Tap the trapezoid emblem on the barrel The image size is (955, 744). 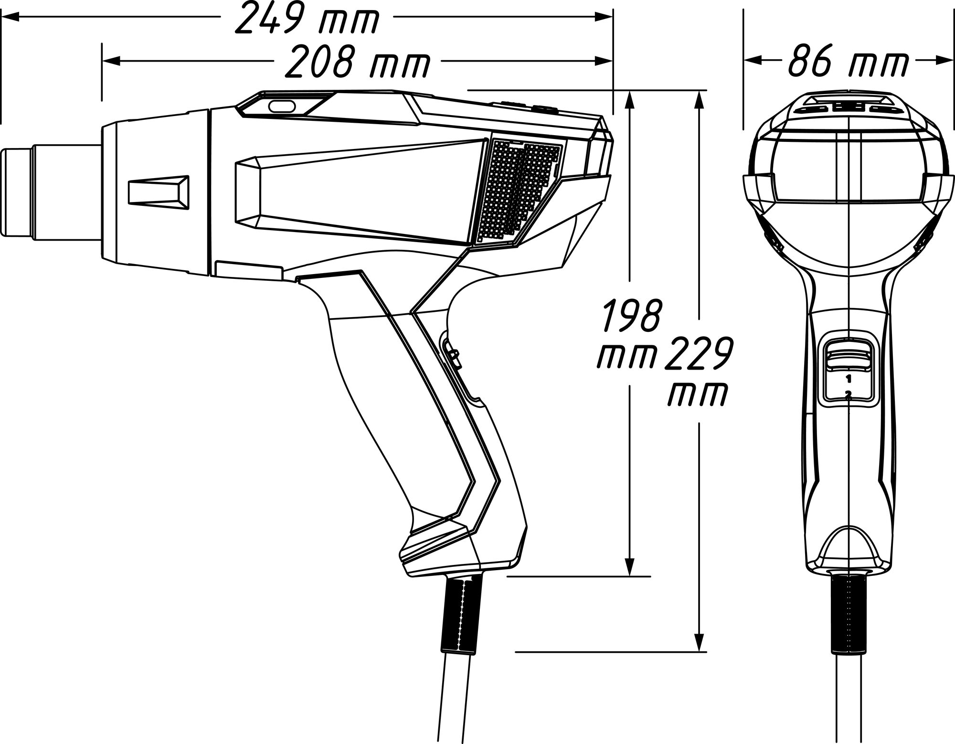coord(159,191)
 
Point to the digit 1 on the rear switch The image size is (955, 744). coord(848,379)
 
